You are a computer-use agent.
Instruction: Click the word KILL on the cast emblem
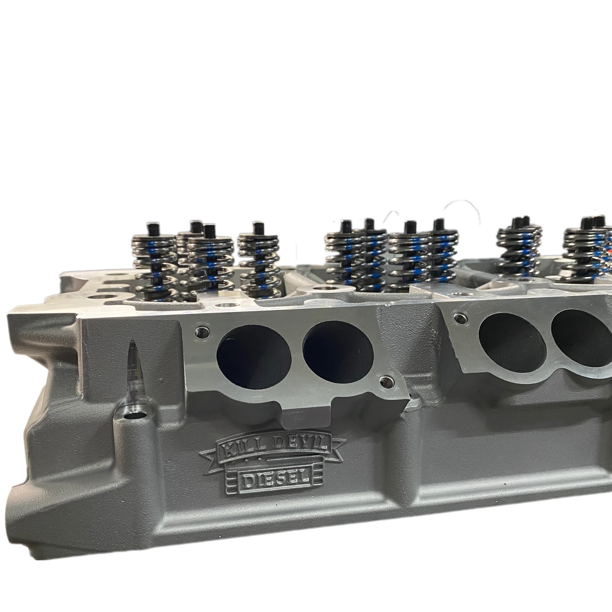tap(236, 447)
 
